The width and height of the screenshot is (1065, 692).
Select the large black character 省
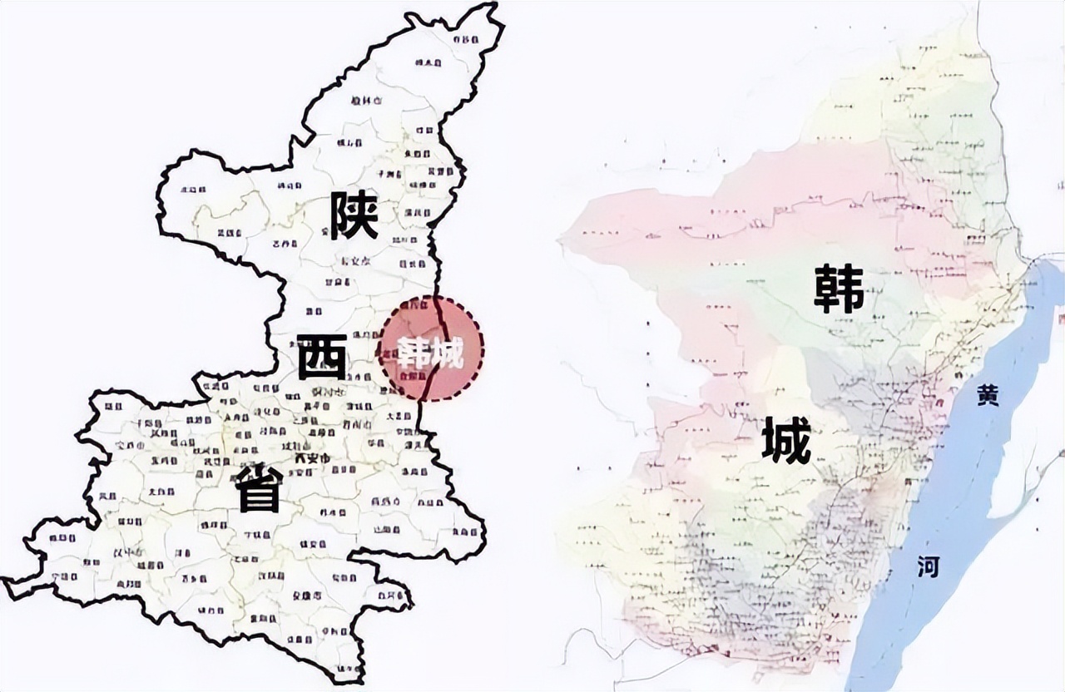tap(259, 487)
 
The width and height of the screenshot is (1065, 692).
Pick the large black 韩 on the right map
tap(839, 289)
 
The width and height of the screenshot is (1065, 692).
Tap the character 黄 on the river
tap(988, 398)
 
